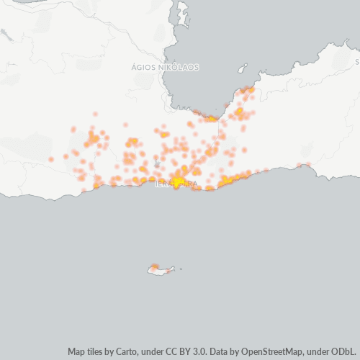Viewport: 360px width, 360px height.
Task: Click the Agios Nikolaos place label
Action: pyautogui.click(x=166, y=67)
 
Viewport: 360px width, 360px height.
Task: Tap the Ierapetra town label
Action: pyautogui.click(x=176, y=184)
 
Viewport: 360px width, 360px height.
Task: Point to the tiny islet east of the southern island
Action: pyautogui.click(x=181, y=270)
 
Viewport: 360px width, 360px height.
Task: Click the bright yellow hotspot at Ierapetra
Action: pyautogui.click(x=177, y=181)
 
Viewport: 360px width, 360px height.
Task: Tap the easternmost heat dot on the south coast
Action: pyautogui.click(x=310, y=165)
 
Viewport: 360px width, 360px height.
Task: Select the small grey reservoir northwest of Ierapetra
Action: pyautogui.click(x=157, y=165)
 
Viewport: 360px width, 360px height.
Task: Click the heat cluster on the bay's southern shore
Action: pyautogui.click(x=212, y=118)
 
